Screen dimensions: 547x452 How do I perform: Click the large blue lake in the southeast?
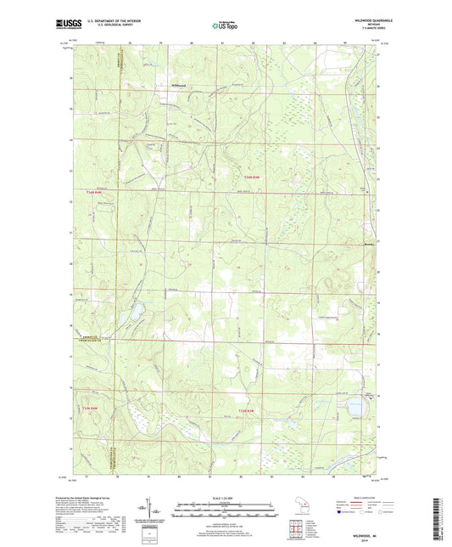(354, 408)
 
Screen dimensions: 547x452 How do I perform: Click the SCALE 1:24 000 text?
(226, 498)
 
